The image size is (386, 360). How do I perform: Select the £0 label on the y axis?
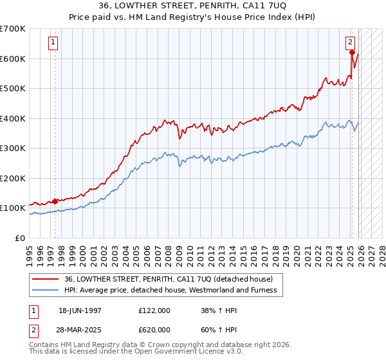[19, 238]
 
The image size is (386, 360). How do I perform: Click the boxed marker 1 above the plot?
[53, 43]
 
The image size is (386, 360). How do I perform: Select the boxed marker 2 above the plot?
[351, 43]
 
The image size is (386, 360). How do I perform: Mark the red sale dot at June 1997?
[55, 201]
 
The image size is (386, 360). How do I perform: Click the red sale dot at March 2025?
[352, 53]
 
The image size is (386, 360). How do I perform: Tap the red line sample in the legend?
[45, 279]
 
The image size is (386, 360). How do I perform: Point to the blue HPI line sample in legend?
[45, 290]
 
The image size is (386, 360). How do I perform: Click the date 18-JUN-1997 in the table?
[80, 310]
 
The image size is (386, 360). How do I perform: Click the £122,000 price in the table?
[154, 310]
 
